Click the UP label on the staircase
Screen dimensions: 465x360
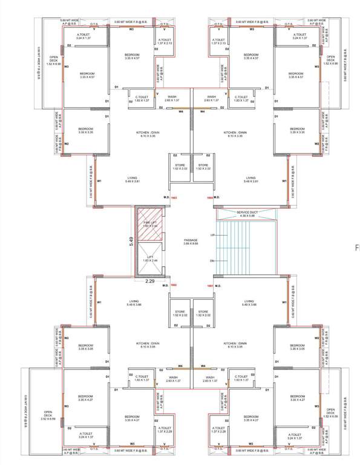212,234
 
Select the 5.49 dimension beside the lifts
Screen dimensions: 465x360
130,241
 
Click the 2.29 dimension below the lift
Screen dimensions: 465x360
150,281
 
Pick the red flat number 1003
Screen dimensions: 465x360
174,197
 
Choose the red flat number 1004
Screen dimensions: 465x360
209,197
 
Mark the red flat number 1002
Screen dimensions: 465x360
174,285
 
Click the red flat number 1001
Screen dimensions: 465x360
209,285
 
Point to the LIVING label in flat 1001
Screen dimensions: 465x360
249,303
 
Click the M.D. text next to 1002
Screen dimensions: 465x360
165,285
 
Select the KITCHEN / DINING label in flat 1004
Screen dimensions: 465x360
235,134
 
